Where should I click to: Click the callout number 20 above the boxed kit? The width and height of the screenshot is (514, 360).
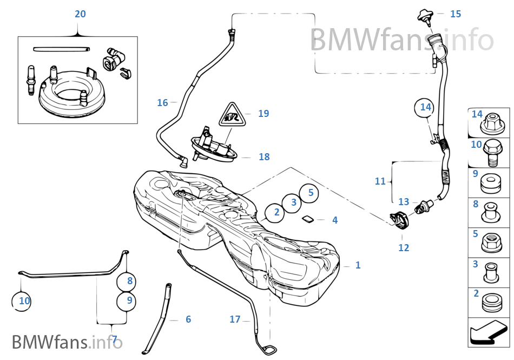pos(80,14)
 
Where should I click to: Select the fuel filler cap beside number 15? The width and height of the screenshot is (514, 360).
pos(425,16)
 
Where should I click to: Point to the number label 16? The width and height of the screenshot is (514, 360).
pos(162,103)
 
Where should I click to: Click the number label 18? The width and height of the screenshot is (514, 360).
pos(264,157)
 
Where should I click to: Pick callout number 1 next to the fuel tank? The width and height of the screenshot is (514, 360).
pos(358,265)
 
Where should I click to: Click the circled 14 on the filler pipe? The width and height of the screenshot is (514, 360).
pos(426,107)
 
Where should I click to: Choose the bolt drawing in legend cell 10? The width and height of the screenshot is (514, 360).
pos(490,153)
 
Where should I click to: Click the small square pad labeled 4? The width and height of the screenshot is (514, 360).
pos(307,219)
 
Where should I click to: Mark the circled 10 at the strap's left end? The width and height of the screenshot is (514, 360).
pos(24,301)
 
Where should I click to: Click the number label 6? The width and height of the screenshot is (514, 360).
pos(188,319)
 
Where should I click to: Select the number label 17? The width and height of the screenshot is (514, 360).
pos(234,319)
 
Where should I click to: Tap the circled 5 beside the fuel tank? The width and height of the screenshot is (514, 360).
pos(311,192)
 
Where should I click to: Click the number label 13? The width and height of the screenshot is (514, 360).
pos(404,202)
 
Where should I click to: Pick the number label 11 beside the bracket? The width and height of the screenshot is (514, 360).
pos(380,181)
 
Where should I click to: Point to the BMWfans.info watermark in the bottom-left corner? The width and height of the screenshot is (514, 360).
pos(67,342)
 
